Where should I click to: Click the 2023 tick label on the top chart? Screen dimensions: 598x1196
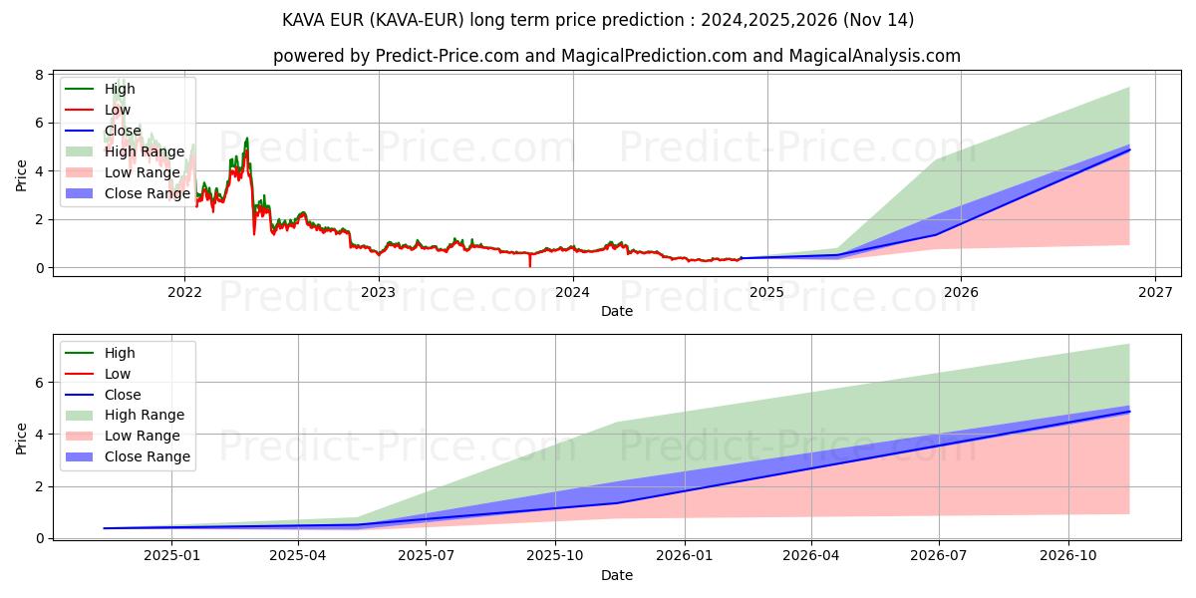pyautogui.click(x=378, y=292)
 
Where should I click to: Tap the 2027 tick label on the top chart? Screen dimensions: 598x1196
pyautogui.click(x=1154, y=292)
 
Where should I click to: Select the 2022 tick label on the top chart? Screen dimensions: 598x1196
pyautogui.click(x=184, y=292)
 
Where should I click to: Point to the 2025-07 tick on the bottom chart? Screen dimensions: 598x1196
pyautogui.click(x=427, y=555)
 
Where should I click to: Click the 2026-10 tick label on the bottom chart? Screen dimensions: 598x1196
pyautogui.click(x=1068, y=555)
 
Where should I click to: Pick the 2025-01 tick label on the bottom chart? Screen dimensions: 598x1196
pyautogui.click(x=171, y=555)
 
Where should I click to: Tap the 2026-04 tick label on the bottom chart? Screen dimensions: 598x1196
pyautogui.click(x=811, y=555)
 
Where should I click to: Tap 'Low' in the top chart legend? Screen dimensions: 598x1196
pyautogui.click(x=118, y=110)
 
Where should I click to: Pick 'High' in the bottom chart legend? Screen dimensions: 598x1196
pyautogui.click(x=120, y=353)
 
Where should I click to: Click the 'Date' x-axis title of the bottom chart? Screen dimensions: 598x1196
pyautogui.click(x=616, y=575)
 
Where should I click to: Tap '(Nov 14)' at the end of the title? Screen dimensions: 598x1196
pyautogui.click(x=879, y=20)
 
